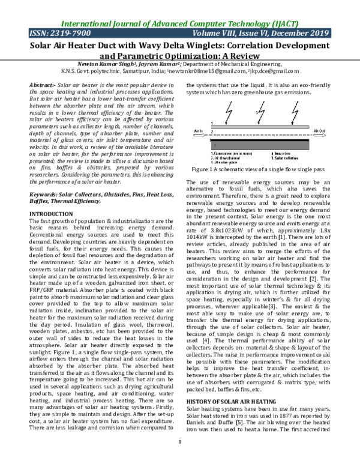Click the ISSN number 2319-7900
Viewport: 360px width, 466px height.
[66, 34]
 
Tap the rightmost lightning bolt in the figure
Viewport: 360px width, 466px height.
[295, 110]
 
